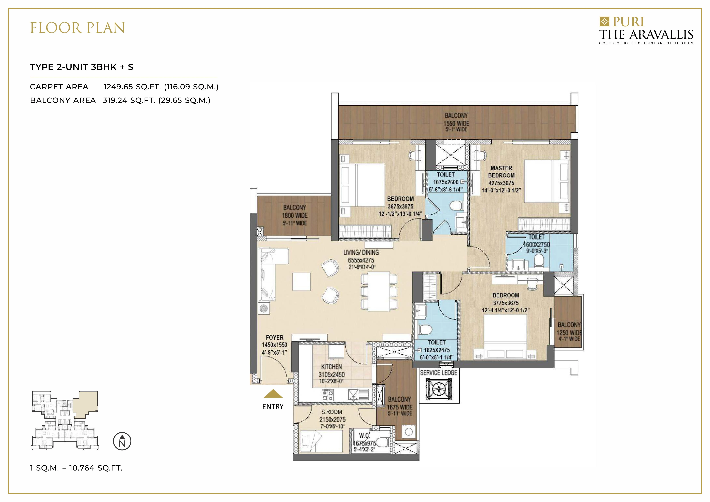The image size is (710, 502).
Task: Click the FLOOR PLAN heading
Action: pos(77,28)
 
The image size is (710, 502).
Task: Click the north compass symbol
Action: pos(122,441)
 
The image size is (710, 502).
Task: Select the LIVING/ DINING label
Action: pos(361,253)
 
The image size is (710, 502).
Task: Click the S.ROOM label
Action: pos(331,412)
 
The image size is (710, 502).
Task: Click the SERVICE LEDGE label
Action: pos(439,373)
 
